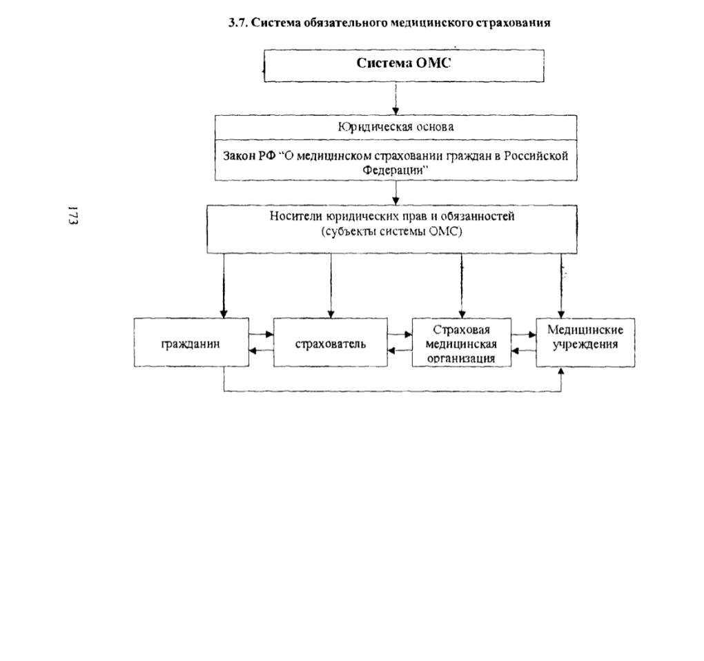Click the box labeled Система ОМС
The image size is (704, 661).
coord(404,66)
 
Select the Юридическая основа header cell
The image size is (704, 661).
coord(395,128)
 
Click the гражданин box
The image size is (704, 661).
coord(191,342)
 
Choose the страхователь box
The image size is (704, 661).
coord(331,342)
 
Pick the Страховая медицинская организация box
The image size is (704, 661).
coord(462,342)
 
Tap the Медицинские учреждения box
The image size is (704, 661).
coord(585,342)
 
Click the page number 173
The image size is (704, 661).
coord(72,216)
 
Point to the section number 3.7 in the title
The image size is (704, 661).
coord(237,23)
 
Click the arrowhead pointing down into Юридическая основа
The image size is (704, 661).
coord(395,111)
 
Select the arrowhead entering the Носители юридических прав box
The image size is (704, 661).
coord(395,201)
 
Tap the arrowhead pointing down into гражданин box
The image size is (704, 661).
coord(224,314)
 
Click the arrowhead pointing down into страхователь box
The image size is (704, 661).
coord(331,314)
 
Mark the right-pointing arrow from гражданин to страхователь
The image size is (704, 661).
coord(262,335)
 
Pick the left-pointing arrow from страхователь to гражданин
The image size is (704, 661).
coord(262,351)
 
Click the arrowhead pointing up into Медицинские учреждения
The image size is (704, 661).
coord(560,371)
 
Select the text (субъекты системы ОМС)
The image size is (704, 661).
coord(391,232)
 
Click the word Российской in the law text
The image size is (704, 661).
coord(536,156)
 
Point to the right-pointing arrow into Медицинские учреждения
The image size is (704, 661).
coord(524,335)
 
